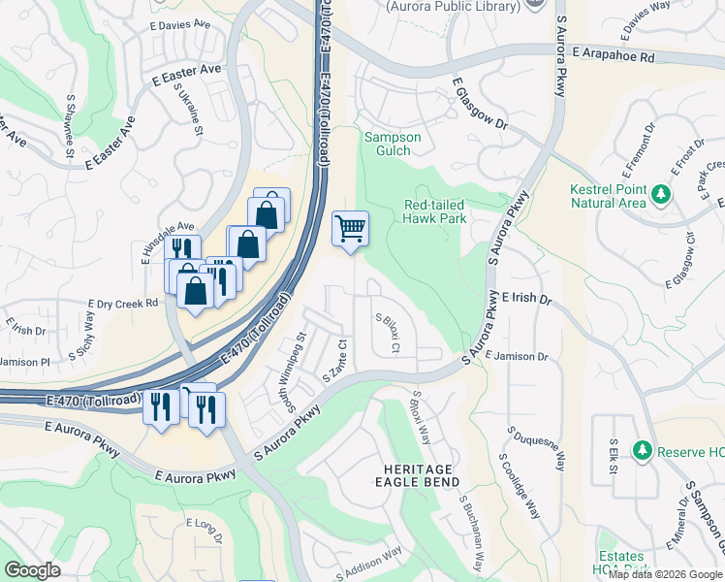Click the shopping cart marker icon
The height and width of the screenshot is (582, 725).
(351, 230)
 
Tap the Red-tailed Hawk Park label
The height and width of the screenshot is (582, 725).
(435, 211)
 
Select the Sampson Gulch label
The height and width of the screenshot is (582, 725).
(393, 145)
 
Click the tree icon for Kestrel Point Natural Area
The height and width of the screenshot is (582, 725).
(662, 195)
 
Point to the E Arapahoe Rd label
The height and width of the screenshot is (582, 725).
(614, 56)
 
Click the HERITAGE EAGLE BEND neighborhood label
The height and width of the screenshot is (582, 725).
(415, 475)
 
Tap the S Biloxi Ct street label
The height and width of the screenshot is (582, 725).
(387, 334)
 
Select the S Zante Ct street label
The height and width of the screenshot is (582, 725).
(333, 360)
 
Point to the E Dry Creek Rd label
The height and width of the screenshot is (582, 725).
(122, 304)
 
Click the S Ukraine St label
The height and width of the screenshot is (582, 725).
(190, 110)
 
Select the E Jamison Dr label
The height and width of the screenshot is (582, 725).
(517, 357)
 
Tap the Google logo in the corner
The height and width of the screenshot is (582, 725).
(32, 569)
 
